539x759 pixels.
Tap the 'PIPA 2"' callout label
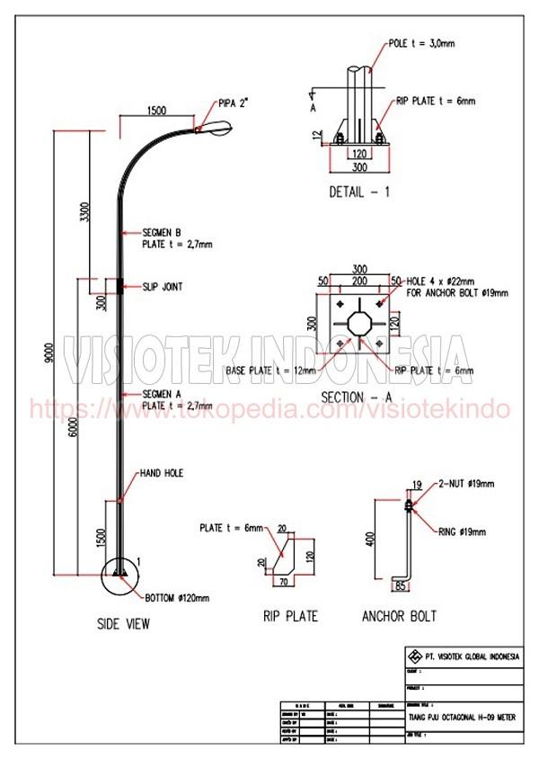[233, 103]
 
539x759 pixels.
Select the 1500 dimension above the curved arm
[156, 111]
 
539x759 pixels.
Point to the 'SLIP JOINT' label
[163, 287]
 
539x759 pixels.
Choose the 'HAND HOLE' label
[162, 472]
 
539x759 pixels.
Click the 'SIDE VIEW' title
[124, 623]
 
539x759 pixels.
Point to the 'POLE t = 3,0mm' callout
[422, 43]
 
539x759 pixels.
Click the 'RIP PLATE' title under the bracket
[290, 616]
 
